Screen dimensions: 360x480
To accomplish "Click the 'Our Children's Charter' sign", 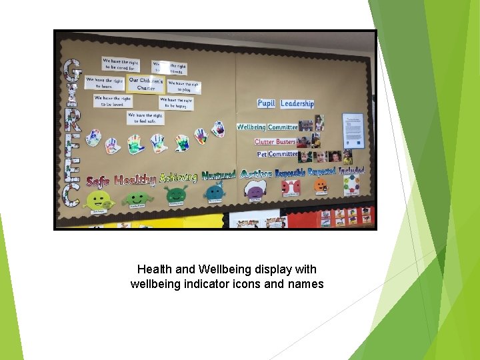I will point(145,84).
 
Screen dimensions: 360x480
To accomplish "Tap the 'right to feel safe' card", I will point(145,118).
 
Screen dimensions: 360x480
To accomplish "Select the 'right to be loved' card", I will point(112,101).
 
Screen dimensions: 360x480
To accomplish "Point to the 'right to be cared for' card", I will point(121,64).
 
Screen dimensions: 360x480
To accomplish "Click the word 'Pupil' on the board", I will point(266,103).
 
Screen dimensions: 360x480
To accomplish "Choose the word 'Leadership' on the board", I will point(297,103).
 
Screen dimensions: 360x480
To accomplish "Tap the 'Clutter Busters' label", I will point(274,141).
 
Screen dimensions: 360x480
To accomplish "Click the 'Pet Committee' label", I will point(277,154).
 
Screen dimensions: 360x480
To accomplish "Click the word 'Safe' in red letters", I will point(97,181).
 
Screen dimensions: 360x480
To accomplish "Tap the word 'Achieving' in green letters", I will point(178,177).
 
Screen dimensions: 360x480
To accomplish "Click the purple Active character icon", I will point(255,190).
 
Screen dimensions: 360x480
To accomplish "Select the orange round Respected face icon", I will point(321,186).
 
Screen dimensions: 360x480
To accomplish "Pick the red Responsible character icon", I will point(291,188).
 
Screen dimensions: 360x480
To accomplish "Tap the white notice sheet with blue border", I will point(353,131).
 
